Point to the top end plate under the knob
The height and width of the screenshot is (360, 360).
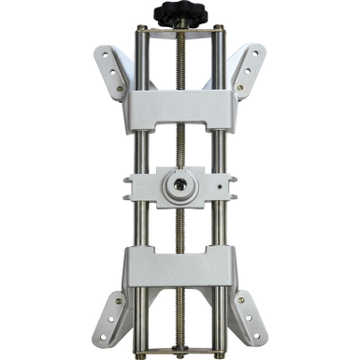tap(180, 34)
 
